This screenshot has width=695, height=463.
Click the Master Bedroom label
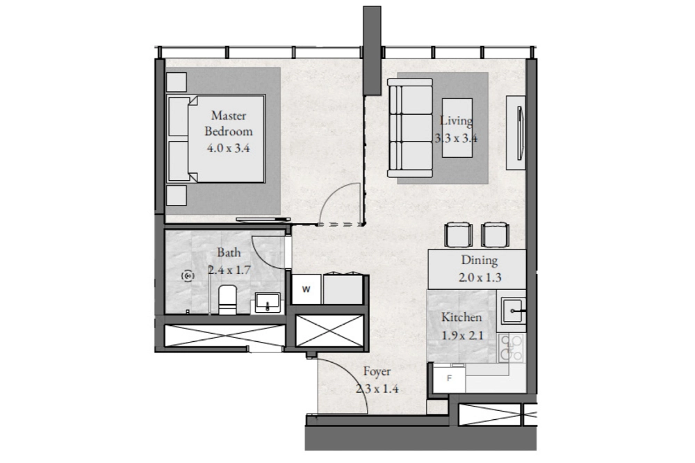pos(228,123)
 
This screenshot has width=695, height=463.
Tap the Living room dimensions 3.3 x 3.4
pos(456,138)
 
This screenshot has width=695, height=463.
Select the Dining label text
pos(479,260)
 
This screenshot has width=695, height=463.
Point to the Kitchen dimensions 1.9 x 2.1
pos(462,335)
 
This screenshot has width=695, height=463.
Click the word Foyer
pos(377,372)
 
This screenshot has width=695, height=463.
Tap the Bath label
pos(229,252)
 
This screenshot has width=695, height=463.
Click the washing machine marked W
pos(306,290)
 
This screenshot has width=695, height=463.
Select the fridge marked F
pos(450,378)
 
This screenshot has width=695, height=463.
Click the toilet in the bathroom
pos(228,300)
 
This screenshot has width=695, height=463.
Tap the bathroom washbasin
pos(268,302)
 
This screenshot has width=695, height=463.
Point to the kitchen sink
pos(514,311)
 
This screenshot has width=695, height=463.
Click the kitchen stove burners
pos(511,348)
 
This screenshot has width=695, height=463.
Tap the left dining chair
pos(459,234)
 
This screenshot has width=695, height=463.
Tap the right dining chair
pos(495,234)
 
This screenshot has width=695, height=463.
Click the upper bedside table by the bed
pos(177,81)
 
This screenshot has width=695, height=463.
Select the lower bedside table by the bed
pos(177,195)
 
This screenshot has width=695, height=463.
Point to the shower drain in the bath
pos(188,276)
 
